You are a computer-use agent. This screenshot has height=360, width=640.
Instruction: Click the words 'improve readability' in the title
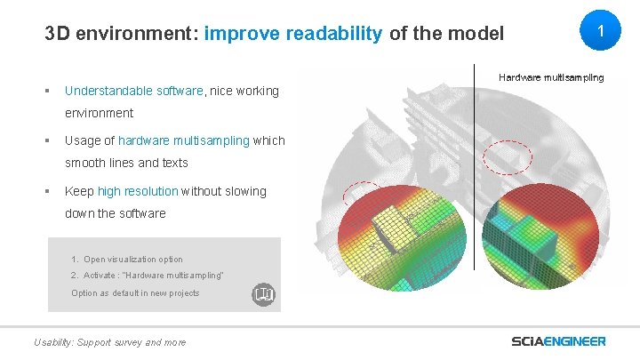[293, 35]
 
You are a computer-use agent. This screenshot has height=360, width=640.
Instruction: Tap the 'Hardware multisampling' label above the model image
[550, 78]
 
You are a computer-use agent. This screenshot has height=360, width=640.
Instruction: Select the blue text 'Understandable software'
[134, 91]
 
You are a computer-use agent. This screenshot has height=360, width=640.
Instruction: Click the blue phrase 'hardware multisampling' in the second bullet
[184, 140]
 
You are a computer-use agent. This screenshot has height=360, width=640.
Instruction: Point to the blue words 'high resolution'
[138, 191]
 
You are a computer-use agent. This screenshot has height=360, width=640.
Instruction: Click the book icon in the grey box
[263, 293]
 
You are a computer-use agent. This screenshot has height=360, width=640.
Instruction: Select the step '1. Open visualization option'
[127, 260]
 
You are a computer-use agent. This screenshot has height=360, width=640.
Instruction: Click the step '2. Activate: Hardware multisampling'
[148, 276]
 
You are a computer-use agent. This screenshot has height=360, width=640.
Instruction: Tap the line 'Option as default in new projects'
[135, 293]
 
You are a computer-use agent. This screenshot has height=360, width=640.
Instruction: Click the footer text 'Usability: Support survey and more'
[109, 342]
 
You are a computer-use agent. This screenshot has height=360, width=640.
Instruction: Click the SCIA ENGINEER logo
[558, 341]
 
